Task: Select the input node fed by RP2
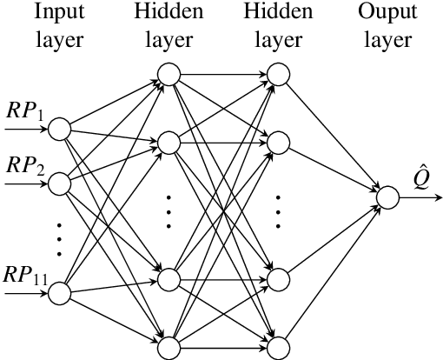pyautogui.click(x=59, y=183)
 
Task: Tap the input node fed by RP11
pyautogui.click(x=59, y=294)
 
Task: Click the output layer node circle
pyautogui.click(x=387, y=198)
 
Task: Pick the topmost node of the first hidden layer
pyautogui.click(x=169, y=75)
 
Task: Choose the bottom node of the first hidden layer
pyautogui.click(x=169, y=348)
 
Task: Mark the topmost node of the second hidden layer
pyautogui.click(x=278, y=75)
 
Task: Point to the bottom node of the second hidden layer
pyautogui.click(x=278, y=348)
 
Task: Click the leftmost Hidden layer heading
pyautogui.click(x=169, y=24)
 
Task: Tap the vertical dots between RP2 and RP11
pyautogui.click(x=59, y=239)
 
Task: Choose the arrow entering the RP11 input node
pyautogui.click(x=26, y=294)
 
